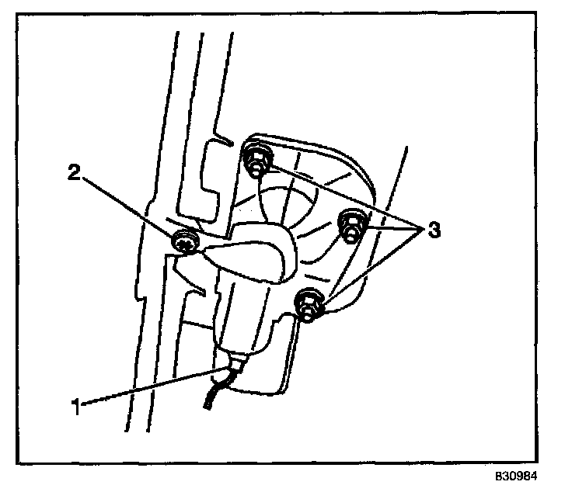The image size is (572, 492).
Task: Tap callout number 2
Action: (75, 173)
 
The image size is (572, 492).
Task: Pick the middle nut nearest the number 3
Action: (352, 227)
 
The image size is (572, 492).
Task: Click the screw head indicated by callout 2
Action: (184, 244)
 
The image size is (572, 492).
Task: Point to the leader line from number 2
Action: (128, 207)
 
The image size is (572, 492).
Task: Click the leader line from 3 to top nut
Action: (342, 197)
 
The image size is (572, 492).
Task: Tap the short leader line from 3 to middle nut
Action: (392, 228)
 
